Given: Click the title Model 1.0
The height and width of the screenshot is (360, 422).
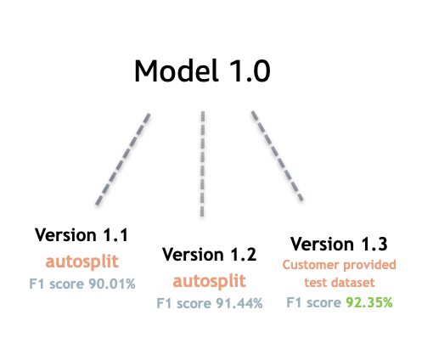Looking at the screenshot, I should [x=202, y=70].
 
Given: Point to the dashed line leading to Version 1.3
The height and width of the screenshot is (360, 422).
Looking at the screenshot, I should [x=279, y=155].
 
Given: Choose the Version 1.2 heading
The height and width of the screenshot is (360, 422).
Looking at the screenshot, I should [x=209, y=255].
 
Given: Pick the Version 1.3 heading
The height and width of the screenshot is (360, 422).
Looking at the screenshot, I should [x=339, y=245].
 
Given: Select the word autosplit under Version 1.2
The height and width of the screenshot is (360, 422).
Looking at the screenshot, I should [x=209, y=280].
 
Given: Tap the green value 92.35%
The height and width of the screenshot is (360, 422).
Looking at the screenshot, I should [x=368, y=301].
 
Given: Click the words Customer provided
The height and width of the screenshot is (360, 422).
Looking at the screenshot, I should [x=339, y=265].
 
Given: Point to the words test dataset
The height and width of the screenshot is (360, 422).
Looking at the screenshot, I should [x=339, y=283].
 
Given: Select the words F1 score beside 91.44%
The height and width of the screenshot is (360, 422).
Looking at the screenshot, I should [x=182, y=302].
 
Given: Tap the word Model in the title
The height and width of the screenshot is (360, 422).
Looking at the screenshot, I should [x=173, y=70].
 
